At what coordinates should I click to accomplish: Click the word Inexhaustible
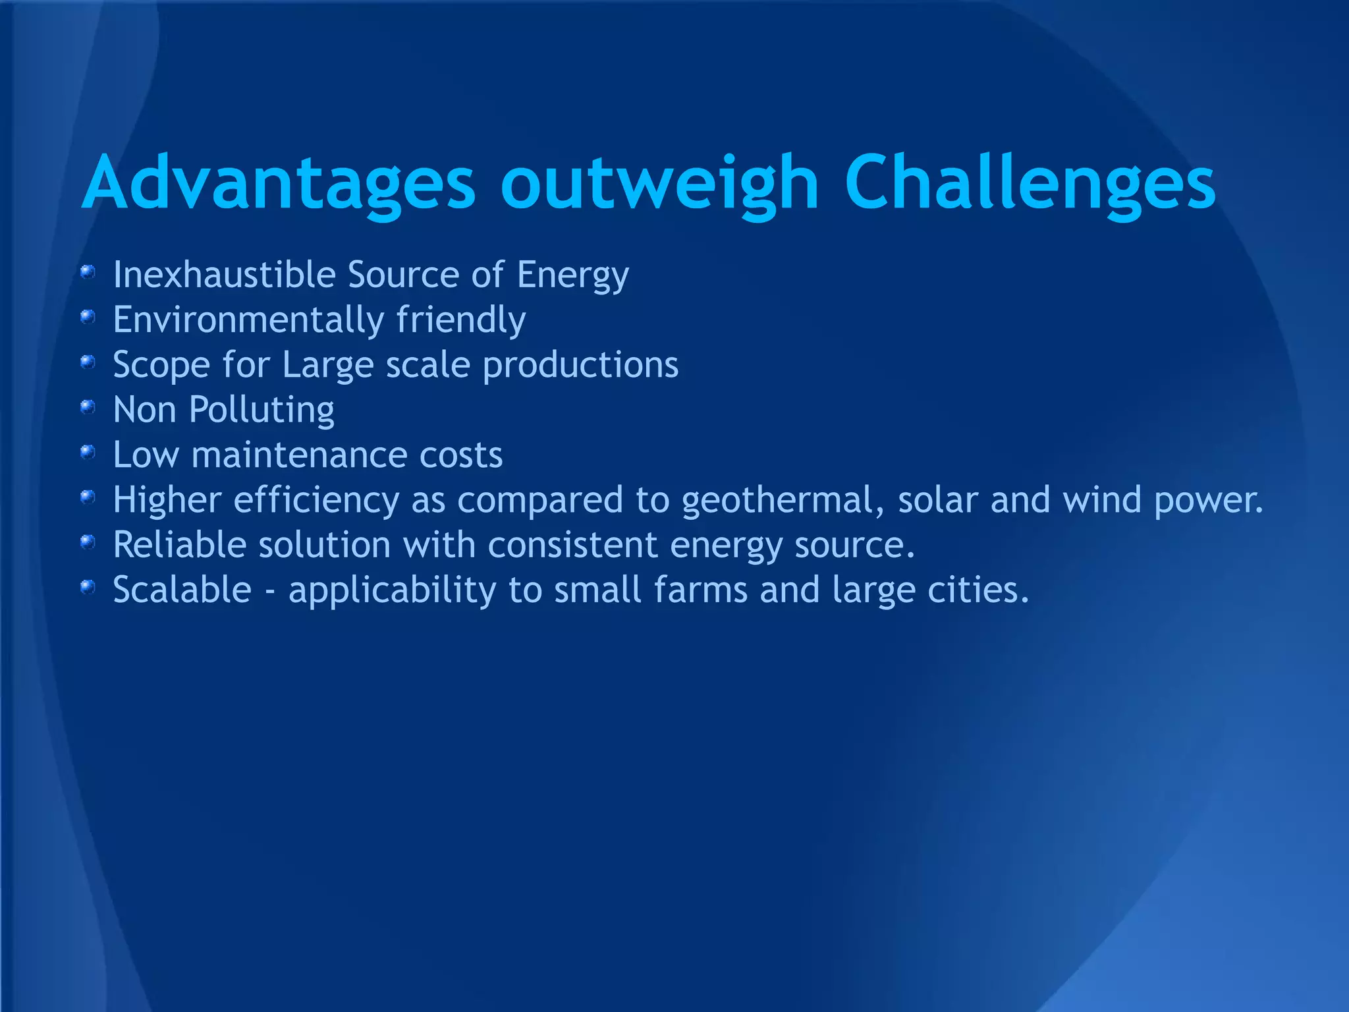pos(224,274)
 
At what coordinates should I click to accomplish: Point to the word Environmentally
pos(248,320)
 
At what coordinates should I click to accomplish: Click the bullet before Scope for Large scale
pos(88,362)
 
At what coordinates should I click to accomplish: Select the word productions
pos(580,365)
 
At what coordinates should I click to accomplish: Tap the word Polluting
pos(262,410)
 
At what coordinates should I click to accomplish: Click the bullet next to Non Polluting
pos(88,408)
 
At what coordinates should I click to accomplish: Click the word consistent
pos(572,545)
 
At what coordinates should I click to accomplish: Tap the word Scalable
pos(182,590)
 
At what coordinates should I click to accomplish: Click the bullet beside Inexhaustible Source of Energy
pos(88,271)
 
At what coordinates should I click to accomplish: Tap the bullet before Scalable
pos(88,586)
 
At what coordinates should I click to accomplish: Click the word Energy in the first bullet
pos(573,275)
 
